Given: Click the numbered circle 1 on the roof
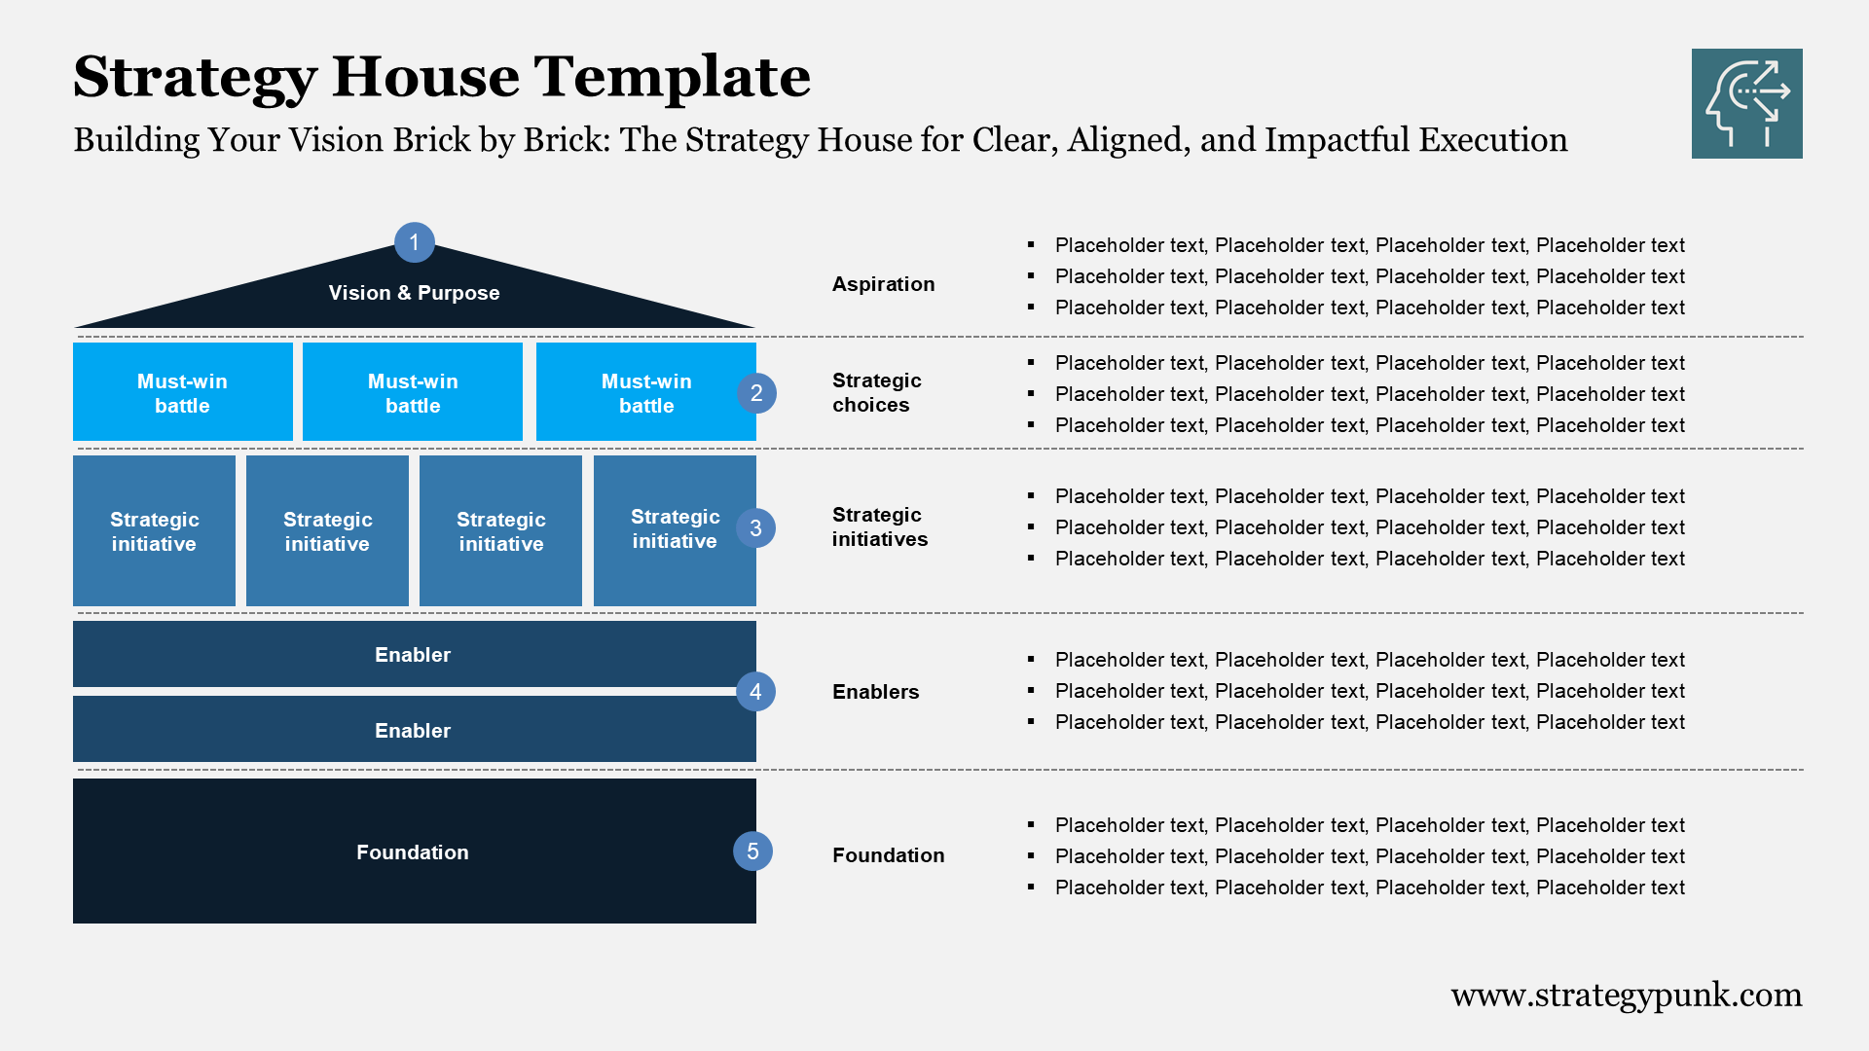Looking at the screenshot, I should pos(415,242).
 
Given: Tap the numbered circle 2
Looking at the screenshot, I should pos(756,393).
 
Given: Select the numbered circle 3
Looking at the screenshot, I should pos(755,528).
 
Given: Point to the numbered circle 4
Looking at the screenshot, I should pos(755,692).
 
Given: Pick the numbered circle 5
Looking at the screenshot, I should pos(752,852).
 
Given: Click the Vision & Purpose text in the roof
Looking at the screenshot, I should pos(414,293).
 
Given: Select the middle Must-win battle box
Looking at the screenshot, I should pos(413,392).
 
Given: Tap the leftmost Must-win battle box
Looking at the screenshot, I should pos(182,392).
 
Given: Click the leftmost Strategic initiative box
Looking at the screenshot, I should pos(154,531).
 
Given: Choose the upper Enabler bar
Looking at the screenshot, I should pos(413,655).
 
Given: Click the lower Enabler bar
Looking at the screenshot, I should pos(413,730).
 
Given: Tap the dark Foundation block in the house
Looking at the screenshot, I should pos(413,852).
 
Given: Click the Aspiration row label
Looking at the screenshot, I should pos(883,284).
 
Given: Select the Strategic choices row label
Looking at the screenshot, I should pos(876,392).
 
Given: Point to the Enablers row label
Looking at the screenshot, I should pos(875,692).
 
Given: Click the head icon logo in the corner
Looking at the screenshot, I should pos(1746,103).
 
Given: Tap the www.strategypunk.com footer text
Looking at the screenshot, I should pos(1626,995).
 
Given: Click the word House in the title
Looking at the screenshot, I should pos(425,76).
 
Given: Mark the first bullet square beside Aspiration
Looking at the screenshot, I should pos(1031,245).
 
